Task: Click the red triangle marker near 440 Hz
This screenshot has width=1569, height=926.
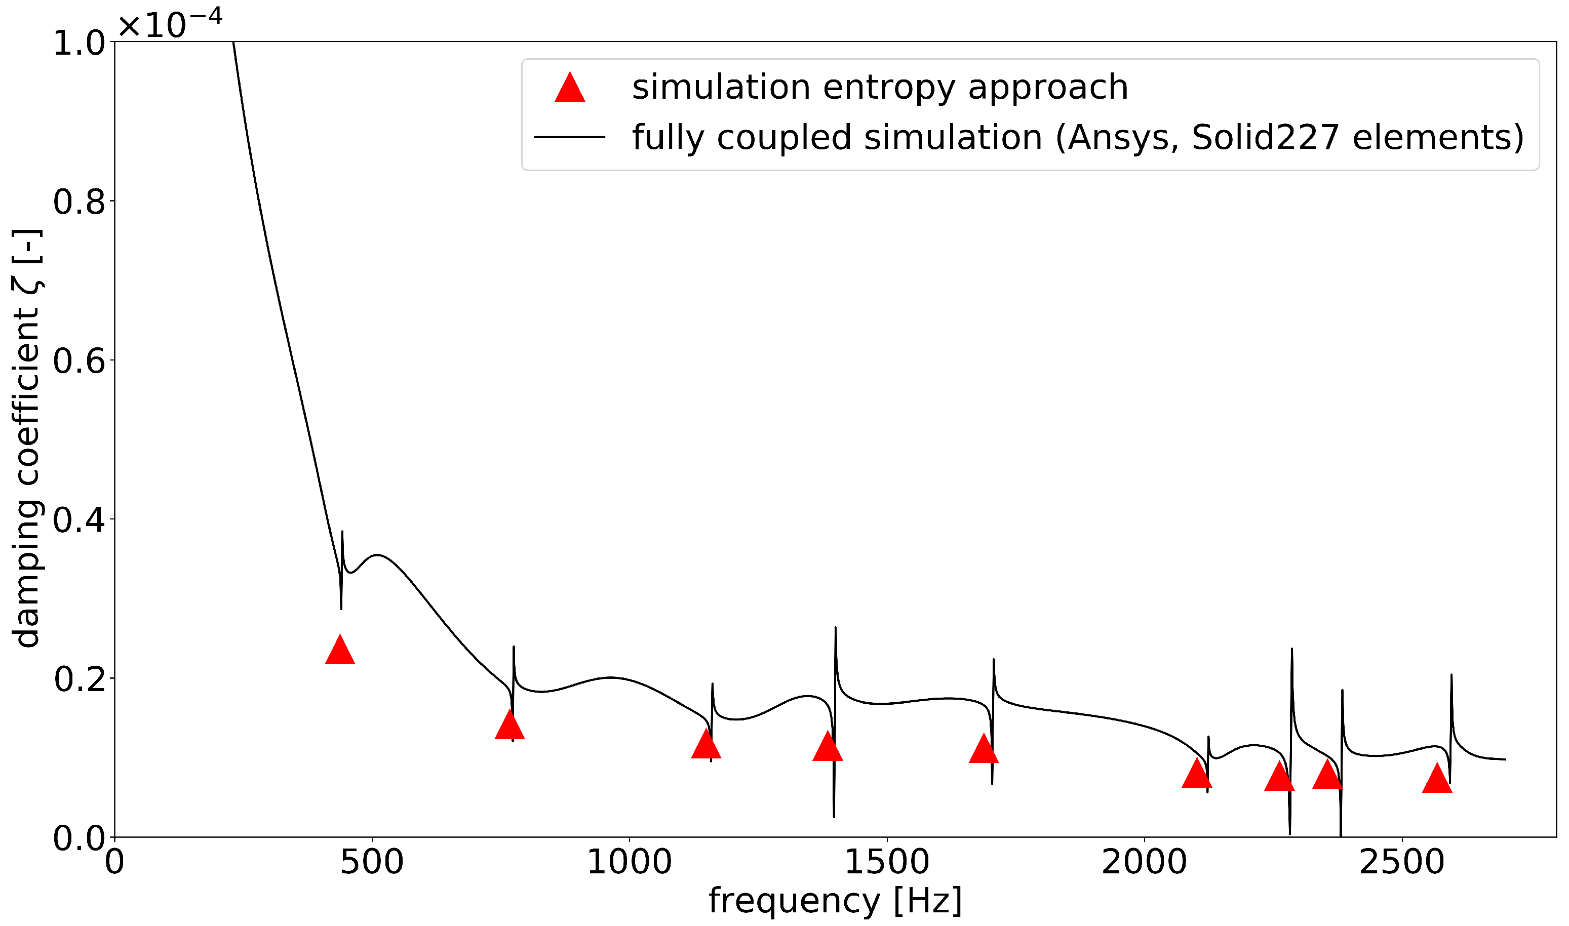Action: (340, 652)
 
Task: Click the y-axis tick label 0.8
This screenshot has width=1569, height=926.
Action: (80, 202)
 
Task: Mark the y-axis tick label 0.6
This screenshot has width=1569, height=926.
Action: (80, 361)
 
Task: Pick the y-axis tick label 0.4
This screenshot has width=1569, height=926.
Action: (80, 520)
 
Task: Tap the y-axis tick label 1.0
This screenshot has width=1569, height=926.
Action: (80, 44)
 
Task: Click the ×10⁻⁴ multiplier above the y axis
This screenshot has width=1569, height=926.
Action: (170, 24)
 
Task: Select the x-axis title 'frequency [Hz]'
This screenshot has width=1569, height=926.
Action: (835, 901)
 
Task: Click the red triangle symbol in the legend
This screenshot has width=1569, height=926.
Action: (570, 88)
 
